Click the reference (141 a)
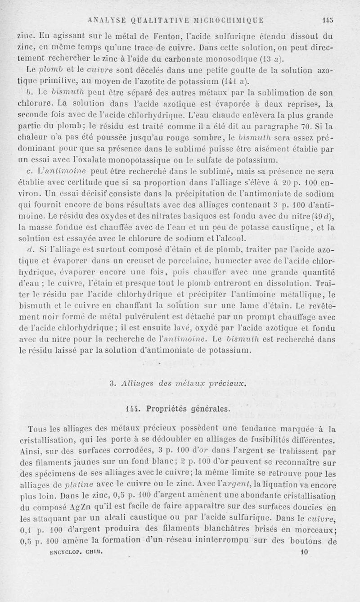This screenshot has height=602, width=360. click(x=240, y=81)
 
